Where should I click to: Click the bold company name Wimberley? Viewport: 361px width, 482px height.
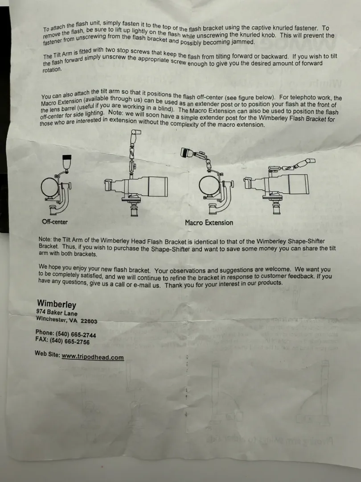[57, 304]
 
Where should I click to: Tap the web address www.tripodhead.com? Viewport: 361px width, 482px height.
[93, 357]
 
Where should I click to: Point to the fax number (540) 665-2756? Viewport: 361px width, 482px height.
[70, 341]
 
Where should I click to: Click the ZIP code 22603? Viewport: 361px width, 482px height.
[89, 321]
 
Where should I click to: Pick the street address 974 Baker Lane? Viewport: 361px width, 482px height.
[57, 313]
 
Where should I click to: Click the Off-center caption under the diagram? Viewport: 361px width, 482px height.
[55, 222]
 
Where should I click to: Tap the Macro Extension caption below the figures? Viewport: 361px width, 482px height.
[209, 223]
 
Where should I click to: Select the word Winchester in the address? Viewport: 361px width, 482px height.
[51, 319]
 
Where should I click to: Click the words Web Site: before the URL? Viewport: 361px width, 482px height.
[47, 353]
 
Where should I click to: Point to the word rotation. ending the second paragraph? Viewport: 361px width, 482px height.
[52, 70]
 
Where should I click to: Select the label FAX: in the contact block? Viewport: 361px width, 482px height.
[42, 340]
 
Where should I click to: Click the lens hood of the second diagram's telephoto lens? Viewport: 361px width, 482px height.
[158, 187]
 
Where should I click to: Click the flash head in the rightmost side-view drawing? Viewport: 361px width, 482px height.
[309, 161]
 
